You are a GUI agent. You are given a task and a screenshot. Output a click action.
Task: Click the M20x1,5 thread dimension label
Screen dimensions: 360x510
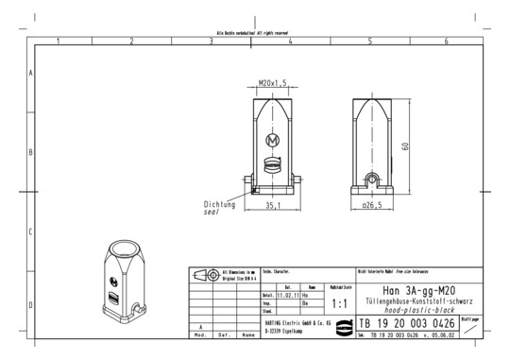click(273, 83)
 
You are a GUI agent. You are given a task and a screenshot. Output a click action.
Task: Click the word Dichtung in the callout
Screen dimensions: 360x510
click(220, 203)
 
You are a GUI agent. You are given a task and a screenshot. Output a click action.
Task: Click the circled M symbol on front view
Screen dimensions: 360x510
click(273, 141)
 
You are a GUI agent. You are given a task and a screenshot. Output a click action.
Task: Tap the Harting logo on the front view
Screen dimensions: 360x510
click(273, 163)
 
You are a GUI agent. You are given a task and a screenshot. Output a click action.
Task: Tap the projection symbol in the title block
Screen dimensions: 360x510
click(204, 275)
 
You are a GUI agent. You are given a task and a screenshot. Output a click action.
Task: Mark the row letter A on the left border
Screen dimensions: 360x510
click(31, 73)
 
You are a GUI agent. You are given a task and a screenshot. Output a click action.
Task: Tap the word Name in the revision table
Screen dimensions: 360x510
click(247, 334)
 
